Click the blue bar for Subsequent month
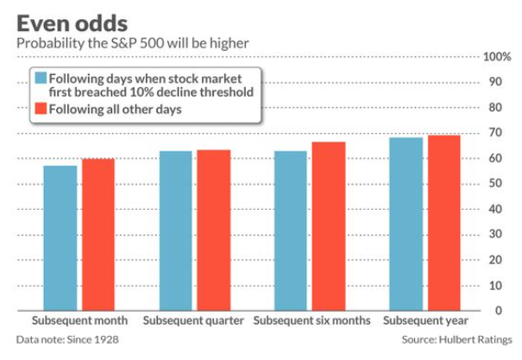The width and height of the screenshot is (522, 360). pos(60,238)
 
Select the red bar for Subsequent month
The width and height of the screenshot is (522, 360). pos(98,235)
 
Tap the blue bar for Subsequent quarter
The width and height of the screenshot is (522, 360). pos(176,231)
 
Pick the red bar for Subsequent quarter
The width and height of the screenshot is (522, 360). pos(214,231)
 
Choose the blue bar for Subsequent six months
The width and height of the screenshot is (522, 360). pos(291,231)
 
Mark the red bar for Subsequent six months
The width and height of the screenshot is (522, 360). pos(329,226)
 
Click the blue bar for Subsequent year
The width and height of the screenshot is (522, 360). pos(406,224)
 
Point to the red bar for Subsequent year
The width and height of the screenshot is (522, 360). pos(444,223)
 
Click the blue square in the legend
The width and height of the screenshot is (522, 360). pos(41,78)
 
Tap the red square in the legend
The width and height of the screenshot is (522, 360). pos(41,109)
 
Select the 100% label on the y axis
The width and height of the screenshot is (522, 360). pos(497,57)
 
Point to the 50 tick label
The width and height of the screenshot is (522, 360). pos(495,183)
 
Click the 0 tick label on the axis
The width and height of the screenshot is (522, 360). pos(499,311)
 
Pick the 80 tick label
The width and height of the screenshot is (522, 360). pos(495,107)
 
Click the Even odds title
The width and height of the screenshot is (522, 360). pos(72,23)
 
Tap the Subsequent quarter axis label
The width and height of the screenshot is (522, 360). pos(193,320)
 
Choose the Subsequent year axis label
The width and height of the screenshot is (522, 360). pos(425,320)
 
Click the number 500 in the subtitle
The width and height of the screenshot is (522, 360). pos(152,44)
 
